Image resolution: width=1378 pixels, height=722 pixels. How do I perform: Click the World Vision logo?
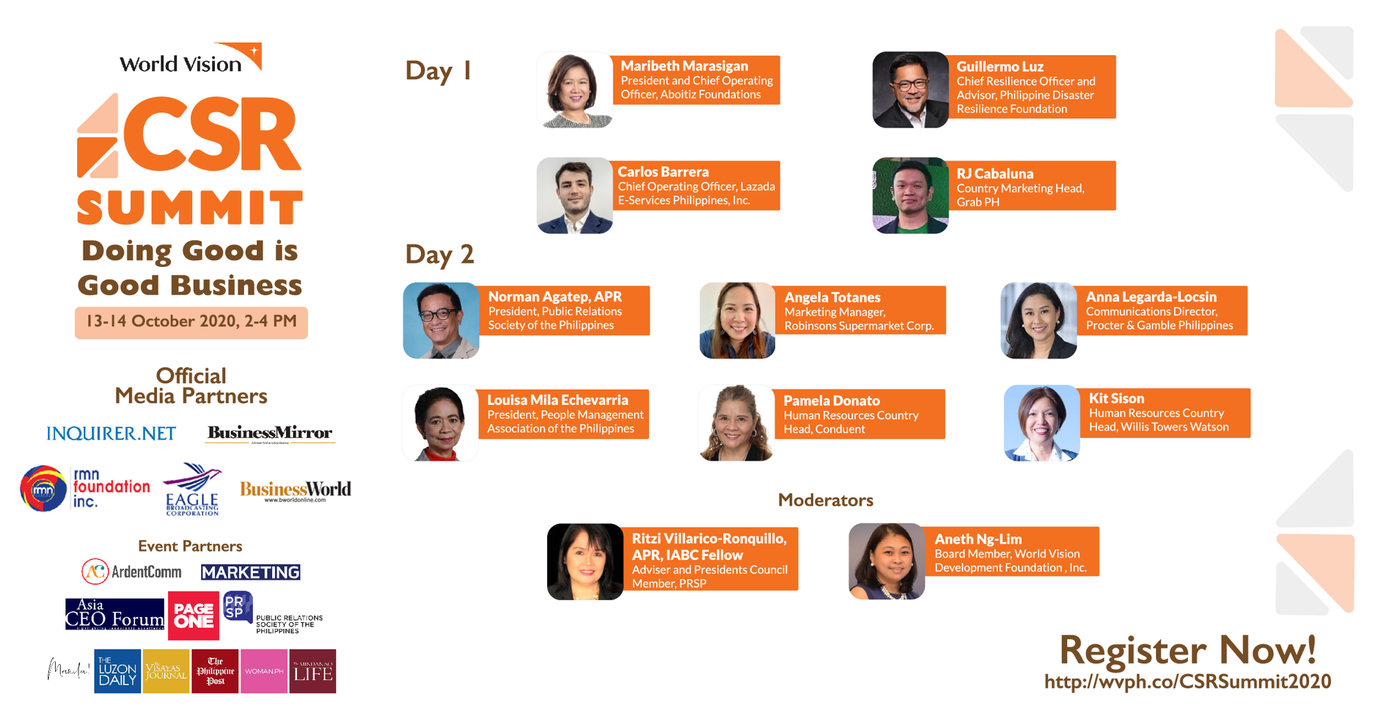[189, 59]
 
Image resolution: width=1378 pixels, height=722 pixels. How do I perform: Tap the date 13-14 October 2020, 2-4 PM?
[191, 322]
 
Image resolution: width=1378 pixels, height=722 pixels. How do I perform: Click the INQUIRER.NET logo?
[111, 433]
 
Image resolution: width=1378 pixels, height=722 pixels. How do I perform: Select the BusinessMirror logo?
[270, 433]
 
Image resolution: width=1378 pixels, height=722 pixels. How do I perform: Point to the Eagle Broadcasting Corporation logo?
[192, 489]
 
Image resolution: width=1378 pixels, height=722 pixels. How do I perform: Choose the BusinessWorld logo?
[295, 490]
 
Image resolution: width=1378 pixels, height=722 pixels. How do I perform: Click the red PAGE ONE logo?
[194, 615]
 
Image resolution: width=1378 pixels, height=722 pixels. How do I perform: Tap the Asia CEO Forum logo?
[114, 614]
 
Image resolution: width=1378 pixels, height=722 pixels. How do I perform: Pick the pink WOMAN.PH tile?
[264, 671]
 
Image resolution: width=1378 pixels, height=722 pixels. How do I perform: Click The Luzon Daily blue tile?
[117, 671]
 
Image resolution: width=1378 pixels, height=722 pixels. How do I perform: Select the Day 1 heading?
[438, 71]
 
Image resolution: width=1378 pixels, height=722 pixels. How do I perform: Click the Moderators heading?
[825, 500]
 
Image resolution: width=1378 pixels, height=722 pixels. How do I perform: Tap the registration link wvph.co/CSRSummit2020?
[1187, 682]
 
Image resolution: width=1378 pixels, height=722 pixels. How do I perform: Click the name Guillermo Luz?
[1000, 67]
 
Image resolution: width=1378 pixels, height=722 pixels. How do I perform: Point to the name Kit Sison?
[1116, 399]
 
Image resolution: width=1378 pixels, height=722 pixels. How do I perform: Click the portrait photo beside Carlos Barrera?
[575, 196]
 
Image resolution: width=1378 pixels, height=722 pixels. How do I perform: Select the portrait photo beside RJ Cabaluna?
[910, 196]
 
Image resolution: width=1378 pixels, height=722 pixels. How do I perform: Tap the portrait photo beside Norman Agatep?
[441, 321]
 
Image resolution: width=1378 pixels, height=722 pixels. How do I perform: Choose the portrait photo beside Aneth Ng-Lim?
[887, 561]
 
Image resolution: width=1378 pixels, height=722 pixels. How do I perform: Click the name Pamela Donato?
[831, 401]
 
